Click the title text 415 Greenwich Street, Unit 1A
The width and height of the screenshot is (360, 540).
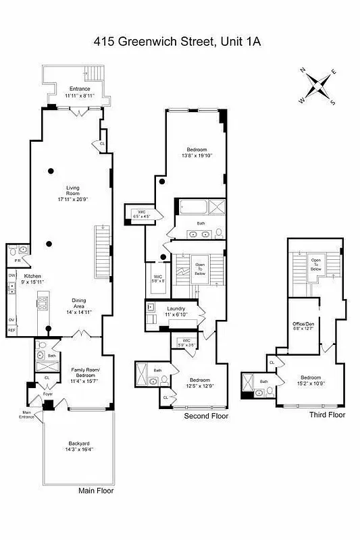pos(180,42)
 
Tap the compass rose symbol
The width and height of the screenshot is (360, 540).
pos(317,86)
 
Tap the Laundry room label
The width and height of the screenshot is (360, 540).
pos(176,308)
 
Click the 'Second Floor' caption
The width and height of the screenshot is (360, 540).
pos(206,416)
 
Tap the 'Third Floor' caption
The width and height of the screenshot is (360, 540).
pos(327,414)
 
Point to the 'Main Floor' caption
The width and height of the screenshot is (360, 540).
pos(95,491)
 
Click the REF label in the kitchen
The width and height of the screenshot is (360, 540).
pos(11,331)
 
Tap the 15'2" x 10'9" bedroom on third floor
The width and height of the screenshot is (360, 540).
pos(310,380)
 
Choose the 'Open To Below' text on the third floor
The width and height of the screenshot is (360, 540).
pos(315,264)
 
